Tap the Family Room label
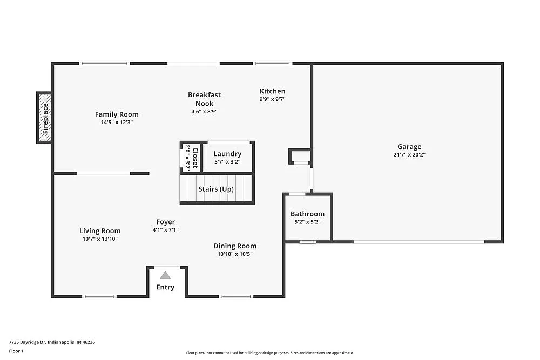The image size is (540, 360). click(117, 114)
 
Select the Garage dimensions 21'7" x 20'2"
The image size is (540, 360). click(409, 154)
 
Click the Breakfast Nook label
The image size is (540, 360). click(204, 99)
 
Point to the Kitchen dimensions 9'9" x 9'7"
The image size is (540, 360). click(272, 99)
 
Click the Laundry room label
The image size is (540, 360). click(227, 154)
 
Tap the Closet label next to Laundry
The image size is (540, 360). click(195, 157)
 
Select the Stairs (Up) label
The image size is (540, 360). click(216, 189)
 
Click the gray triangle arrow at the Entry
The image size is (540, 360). click(165, 275)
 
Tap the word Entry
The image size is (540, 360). click(165, 287)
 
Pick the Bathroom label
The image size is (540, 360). click(307, 214)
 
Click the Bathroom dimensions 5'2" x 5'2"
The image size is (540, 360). click(307, 222)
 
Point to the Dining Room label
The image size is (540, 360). click(235, 246)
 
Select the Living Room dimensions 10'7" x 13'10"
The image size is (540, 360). click(100, 239)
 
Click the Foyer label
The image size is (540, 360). click(165, 222)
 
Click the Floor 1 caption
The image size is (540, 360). click(16, 351)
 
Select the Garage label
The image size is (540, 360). click(409, 146)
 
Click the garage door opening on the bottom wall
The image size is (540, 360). click(418, 242)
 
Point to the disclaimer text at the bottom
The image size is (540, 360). click(270, 352)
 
